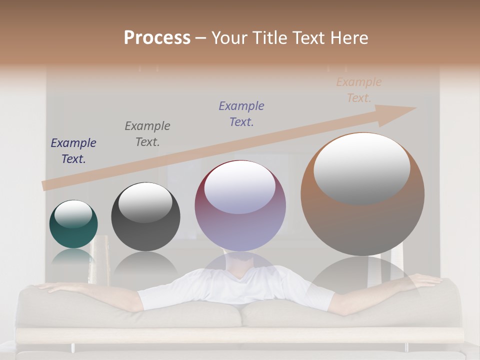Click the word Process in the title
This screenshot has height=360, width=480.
pos(157,38)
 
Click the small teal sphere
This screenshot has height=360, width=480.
pos(73,224)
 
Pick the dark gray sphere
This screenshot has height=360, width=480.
pos(145,217)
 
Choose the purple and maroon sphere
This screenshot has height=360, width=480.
pos(240,206)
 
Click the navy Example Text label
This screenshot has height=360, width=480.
pos(73,151)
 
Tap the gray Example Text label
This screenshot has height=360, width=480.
pos(147,134)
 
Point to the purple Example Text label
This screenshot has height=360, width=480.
pos(241,114)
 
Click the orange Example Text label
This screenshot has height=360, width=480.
pos(358,90)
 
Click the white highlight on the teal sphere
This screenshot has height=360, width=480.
pos(73,214)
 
